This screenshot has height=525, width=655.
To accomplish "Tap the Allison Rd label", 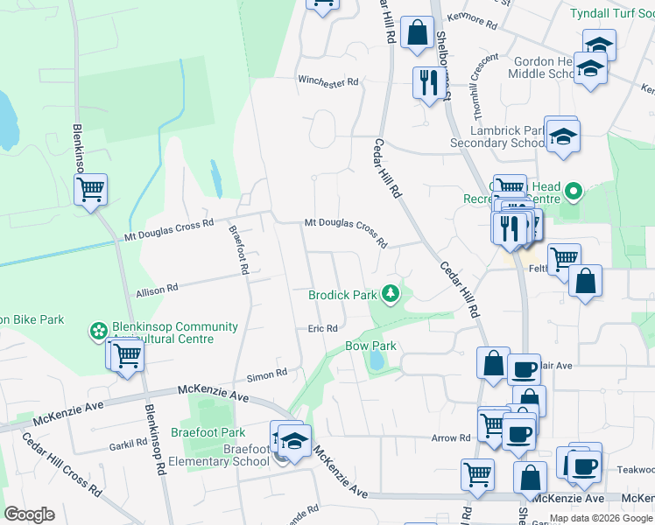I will [158, 287].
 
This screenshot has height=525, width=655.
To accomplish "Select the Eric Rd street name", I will [322, 329].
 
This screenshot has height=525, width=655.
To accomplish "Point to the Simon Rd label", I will [267, 374].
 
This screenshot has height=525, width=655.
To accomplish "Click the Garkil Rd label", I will [128, 444].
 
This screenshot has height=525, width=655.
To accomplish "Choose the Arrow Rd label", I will [452, 437].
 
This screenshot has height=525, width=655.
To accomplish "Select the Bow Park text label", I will [370, 346].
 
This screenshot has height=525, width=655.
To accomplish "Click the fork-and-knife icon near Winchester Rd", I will [428, 82].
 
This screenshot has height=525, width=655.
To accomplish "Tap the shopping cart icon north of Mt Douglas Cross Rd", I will [91, 188].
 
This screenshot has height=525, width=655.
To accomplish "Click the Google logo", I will [29, 514].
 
